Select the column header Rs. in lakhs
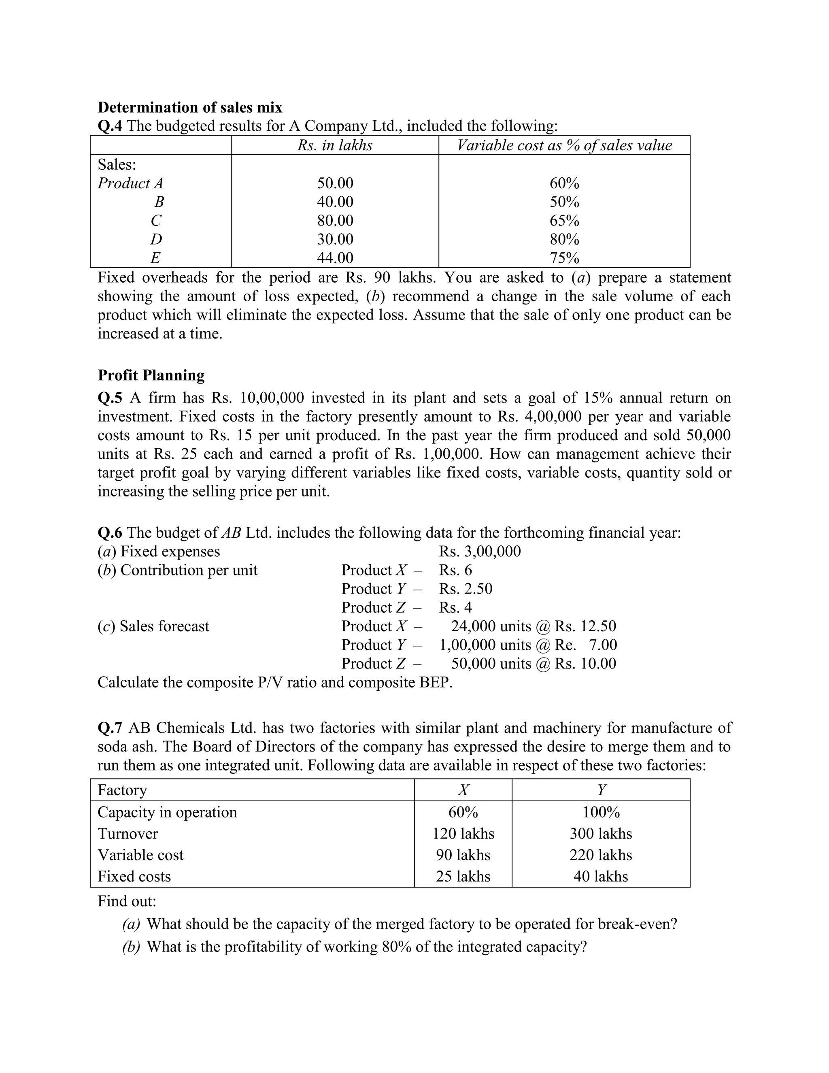tap(335, 145)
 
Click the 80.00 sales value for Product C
tap(335, 221)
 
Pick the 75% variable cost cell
tap(564, 258)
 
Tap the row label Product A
tap(130, 183)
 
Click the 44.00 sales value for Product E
tap(335, 258)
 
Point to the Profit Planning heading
tap(151, 375)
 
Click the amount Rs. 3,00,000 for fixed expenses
tap(480, 551)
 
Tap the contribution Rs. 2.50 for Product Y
tap(466, 589)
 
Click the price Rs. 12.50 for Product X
tap(585, 626)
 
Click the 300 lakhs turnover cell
tap(601, 834)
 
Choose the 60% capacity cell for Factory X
tap(463, 812)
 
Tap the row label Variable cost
tap(140, 855)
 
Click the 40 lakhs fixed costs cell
tap(601, 877)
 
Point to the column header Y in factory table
tap(601, 790)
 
